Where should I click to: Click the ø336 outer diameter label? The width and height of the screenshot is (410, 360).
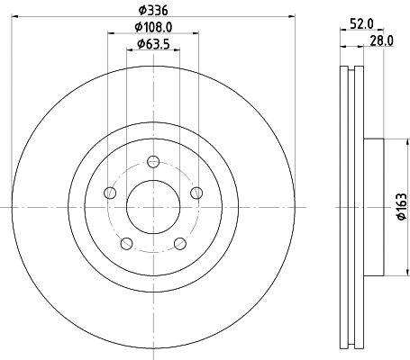tap(152, 10)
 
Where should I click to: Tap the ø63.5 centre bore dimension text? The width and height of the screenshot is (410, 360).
tap(152, 45)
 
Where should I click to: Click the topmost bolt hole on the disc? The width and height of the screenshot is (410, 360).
tap(153, 162)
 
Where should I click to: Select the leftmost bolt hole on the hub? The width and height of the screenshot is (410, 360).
tap(110, 193)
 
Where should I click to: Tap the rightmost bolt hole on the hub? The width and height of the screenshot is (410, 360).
tap(196, 193)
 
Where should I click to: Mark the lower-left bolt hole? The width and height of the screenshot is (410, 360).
tap(127, 243)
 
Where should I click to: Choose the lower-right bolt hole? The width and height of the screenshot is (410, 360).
tap(179, 243)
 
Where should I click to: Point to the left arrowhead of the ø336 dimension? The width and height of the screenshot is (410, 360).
tap(15, 16)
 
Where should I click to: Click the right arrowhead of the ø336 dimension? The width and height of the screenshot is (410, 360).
tap(291, 16)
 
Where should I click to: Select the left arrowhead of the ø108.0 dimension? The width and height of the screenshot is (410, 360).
tap(112, 33)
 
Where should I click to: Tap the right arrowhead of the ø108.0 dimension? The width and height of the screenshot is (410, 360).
tap(194, 33)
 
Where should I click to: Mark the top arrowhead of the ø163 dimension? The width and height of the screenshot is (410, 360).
tap(394, 140)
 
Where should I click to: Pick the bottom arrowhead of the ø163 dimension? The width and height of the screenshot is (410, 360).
tap(394, 273)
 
